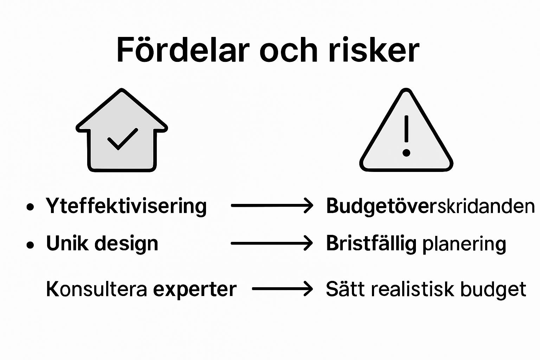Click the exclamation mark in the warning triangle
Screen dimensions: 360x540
[x=406, y=135]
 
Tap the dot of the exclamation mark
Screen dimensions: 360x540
[x=406, y=153]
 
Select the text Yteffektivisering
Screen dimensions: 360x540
[x=126, y=206]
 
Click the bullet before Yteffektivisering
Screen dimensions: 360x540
[x=31, y=207]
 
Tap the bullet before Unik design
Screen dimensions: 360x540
[x=31, y=245]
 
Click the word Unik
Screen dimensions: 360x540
[x=67, y=243]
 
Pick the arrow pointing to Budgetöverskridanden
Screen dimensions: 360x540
[x=272, y=206]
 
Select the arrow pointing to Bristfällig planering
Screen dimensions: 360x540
[x=272, y=243]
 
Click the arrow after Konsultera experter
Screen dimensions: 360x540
[x=282, y=289]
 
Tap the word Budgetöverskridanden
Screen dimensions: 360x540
[x=430, y=206]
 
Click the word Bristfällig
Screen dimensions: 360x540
[x=371, y=243]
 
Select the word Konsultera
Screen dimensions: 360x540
[x=96, y=289]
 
